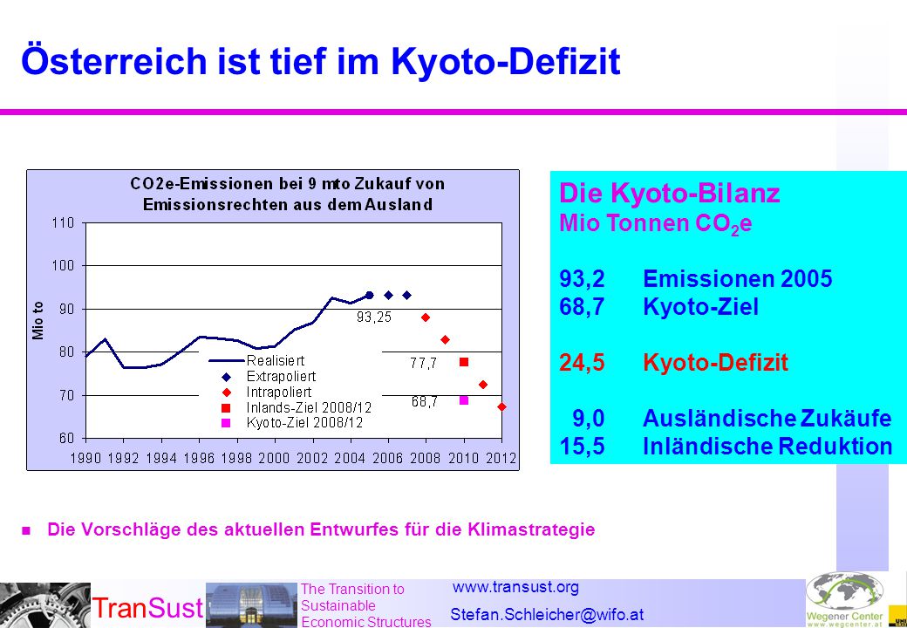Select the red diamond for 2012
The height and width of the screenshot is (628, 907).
click(x=501, y=407)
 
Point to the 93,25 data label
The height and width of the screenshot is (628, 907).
click(x=373, y=317)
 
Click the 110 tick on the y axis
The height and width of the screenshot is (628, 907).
click(x=64, y=222)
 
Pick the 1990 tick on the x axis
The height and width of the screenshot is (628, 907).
click(x=85, y=458)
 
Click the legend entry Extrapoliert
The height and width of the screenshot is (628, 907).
click(x=281, y=377)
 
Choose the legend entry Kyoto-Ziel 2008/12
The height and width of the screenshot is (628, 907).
click(x=305, y=423)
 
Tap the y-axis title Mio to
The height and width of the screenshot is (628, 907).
click(x=38, y=320)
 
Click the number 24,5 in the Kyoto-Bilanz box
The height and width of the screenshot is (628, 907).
click(x=582, y=363)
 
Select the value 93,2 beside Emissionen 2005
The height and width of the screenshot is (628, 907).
click(x=582, y=279)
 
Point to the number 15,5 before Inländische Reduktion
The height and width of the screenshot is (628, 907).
click(x=582, y=447)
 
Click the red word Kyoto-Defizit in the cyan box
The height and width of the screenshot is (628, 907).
click(x=715, y=363)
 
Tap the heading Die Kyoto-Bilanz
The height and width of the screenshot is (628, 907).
click(x=669, y=193)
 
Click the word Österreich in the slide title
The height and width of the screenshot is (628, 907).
click(x=114, y=60)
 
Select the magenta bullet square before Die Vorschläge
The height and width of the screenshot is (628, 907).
click(x=25, y=529)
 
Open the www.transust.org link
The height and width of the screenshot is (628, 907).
click(x=515, y=587)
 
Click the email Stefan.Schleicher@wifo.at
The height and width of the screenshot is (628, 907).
click(x=547, y=614)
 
